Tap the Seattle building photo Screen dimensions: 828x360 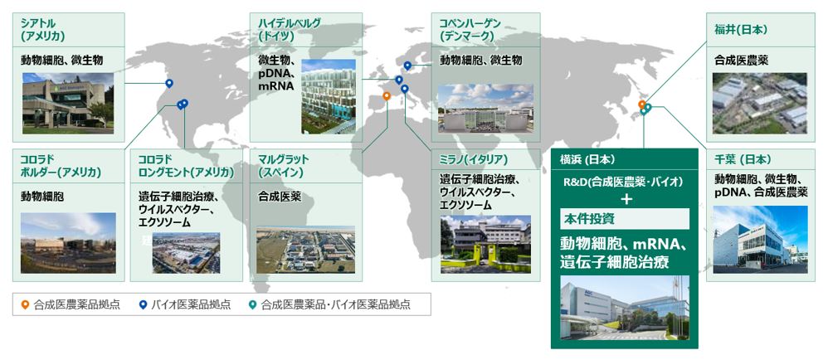click(x=68, y=103)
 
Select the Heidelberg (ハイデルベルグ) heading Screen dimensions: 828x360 click(x=290, y=30)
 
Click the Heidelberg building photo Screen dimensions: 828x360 click(x=329, y=96)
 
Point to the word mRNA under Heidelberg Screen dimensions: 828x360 click(x=275, y=85)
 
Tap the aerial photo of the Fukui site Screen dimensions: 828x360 click(x=760, y=103)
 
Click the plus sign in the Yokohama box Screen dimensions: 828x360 click(x=627, y=200)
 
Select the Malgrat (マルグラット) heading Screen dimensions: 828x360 click(x=283, y=165)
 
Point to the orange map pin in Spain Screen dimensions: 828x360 click(x=387, y=96)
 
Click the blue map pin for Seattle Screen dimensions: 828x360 click(x=169, y=83)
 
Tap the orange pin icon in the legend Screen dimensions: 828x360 click(x=24, y=304)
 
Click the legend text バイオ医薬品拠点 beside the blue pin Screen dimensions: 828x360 click(x=191, y=304)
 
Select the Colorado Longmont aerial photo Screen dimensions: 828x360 click(x=187, y=253)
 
